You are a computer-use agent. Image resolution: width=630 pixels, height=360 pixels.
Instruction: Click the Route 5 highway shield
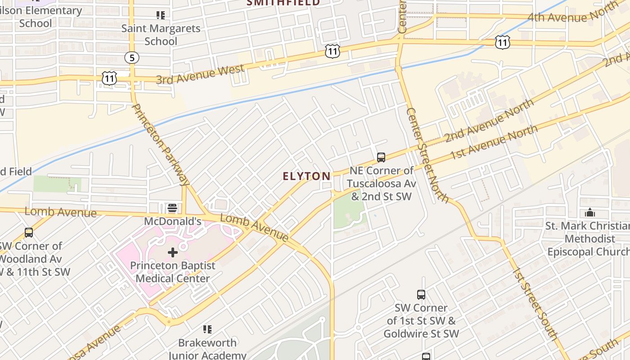(132, 58)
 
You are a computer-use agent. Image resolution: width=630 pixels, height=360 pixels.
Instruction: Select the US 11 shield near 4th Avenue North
(502, 42)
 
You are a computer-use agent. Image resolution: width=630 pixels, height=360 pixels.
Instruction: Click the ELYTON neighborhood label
(306, 176)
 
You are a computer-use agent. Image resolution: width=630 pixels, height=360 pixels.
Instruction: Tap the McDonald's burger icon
(172, 208)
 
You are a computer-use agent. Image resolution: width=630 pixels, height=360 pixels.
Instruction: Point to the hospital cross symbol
(173, 252)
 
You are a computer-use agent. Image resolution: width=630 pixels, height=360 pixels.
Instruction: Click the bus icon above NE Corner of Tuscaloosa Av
(381, 157)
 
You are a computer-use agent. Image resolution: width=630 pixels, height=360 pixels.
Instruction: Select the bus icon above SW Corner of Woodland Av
(29, 233)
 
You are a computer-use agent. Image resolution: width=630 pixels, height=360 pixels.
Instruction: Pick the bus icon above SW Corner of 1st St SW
(421, 295)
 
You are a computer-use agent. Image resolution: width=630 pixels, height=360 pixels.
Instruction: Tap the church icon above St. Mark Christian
(589, 212)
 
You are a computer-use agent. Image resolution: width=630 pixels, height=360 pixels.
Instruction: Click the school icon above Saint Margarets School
(161, 15)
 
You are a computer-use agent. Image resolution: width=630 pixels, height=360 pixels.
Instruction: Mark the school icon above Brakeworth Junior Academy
(207, 329)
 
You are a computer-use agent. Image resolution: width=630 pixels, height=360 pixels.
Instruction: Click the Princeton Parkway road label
(161, 144)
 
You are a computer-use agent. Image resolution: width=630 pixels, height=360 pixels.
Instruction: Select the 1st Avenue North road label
(494, 142)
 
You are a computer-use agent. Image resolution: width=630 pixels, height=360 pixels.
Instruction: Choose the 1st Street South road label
(535, 304)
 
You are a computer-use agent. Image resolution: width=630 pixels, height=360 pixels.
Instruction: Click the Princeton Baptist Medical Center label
(173, 272)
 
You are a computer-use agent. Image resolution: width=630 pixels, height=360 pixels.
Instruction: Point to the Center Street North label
(427, 154)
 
